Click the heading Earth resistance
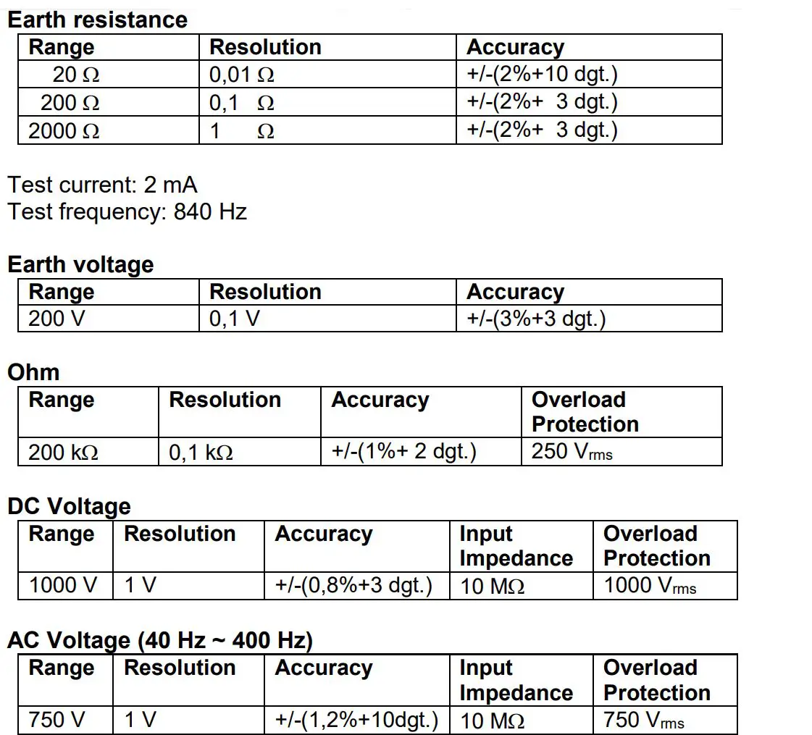click(x=97, y=20)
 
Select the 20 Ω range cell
click(x=75, y=75)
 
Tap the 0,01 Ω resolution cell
click(x=242, y=75)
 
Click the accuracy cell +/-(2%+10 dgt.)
click(x=542, y=75)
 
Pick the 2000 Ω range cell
click(x=64, y=131)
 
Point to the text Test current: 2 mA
click(x=102, y=185)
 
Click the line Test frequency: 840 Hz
click(x=127, y=211)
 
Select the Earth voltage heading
click(x=80, y=264)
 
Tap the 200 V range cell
click(x=56, y=319)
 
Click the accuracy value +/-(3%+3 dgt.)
click(x=536, y=319)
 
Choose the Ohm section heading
click(x=33, y=372)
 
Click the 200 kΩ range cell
click(x=63, y=453)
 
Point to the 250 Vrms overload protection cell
click(x=572, y=452)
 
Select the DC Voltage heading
click(x=69, y=506)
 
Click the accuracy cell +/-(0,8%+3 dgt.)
click(x=353, y=585)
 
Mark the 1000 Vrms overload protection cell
click(x=650, y=585)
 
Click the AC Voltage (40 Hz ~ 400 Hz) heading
click(x=160, y=640)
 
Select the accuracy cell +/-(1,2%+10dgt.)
click(x=356, y=720)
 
